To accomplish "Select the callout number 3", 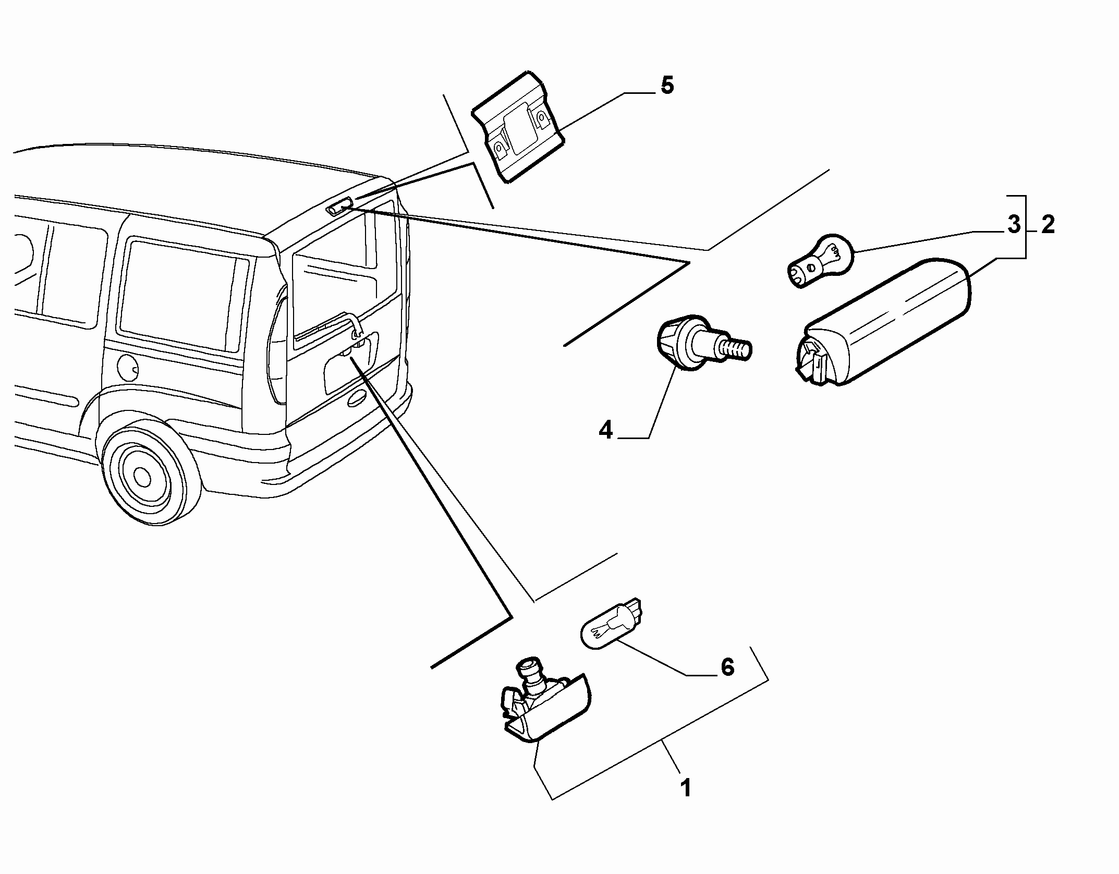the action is [1014, 225].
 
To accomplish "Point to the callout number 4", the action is [605, 431].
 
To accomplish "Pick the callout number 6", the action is [727, 667].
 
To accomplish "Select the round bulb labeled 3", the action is [819, 261].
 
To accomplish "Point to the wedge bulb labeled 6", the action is [612, 624].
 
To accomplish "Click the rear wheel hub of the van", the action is [141, 475].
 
